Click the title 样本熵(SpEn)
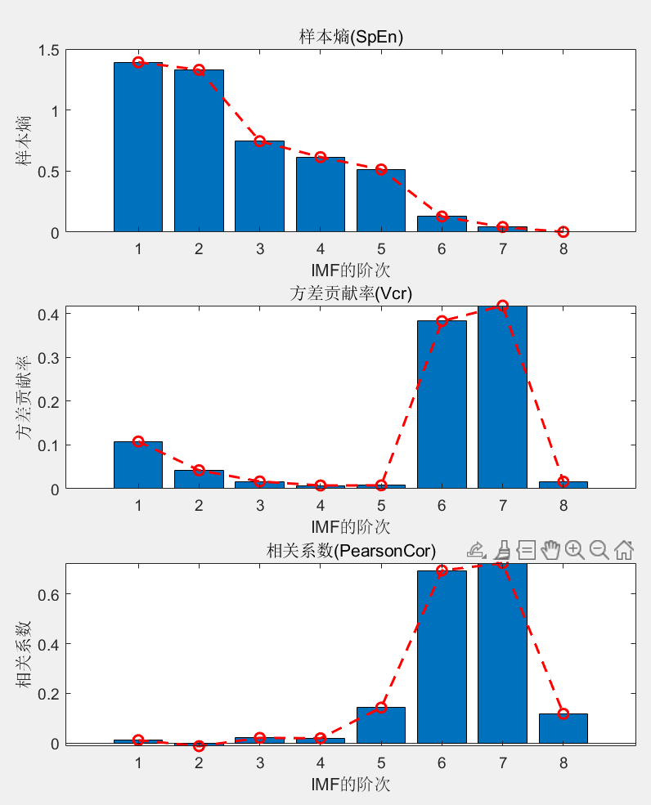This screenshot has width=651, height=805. (x=350, y=37)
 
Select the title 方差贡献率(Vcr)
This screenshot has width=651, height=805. (x=350, y=294)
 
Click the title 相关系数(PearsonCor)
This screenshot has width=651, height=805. (x=350, y=550)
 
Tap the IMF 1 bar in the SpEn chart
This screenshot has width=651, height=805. (x=138, y=147)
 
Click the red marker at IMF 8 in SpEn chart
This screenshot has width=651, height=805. (x=563, y=232)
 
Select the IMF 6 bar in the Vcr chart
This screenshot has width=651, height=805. (x=442, y=405)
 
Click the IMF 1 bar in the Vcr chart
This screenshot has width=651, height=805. (x=138, y=465)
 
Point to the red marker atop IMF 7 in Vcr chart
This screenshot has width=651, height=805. (x=502, y=306)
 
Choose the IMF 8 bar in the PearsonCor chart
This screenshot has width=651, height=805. (x=563, y=729)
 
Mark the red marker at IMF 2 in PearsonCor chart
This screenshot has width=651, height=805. (x=199, y=746)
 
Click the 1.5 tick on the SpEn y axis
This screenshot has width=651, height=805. (x=48, y=50)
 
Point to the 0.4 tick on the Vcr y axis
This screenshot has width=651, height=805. (x=48, y=315)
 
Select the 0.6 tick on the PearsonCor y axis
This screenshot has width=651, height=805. (x=48, y=594)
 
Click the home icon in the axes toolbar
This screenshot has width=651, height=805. (x=623, y=550)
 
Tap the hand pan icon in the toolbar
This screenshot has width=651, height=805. (x=550, y=550)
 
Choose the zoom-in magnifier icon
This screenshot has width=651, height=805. (x=574, y=550)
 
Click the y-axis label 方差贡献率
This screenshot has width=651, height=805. (x=25, y=400)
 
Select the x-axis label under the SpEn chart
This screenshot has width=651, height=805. (x=350, y=270)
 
